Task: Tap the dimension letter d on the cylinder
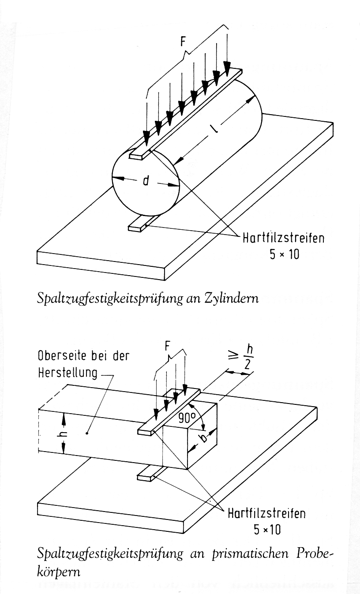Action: click(145, 181)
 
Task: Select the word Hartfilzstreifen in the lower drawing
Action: click(267, 514)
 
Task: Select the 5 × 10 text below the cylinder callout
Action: click(285, 254)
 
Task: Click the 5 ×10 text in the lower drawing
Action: click(267, 529)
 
